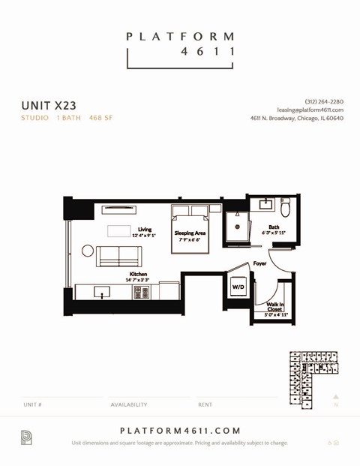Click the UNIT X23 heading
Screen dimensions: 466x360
pyautogui.click(x=49, y=106)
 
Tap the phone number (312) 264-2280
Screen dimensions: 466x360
pyautogui.click(x=324, y=101)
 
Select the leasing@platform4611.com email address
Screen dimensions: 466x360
pyautogui.click(x=310, y=110)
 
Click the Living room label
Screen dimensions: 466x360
pyautogui.click(x=144, y=230)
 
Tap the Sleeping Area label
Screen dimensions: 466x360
pyautogui.click(x=190, y=233)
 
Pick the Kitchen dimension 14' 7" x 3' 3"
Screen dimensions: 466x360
pyautogui.click(x=137, y=280)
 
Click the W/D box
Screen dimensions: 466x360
pyautogui.click(x=238, y=287)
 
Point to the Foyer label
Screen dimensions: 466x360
pyautogui.click(x=259, y=263)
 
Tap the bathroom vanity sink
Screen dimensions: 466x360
pyautogui.click(x=266, y=204)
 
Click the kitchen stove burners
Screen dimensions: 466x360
pyautogui.click(x=141, y=293)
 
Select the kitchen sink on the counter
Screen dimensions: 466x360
pyautogui.click(x=102, y=292)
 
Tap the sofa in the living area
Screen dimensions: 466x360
pyautogui.click(x=118, y=255)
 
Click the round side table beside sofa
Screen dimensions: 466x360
pyautogui.click(x=88, y=251)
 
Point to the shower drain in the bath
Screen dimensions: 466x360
pyautogui.click(x=237, y=226)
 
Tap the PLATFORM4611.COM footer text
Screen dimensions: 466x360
pyautogui.click(x=180, y=431)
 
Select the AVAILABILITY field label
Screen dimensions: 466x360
pyautogui.click(x=129, y=404)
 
